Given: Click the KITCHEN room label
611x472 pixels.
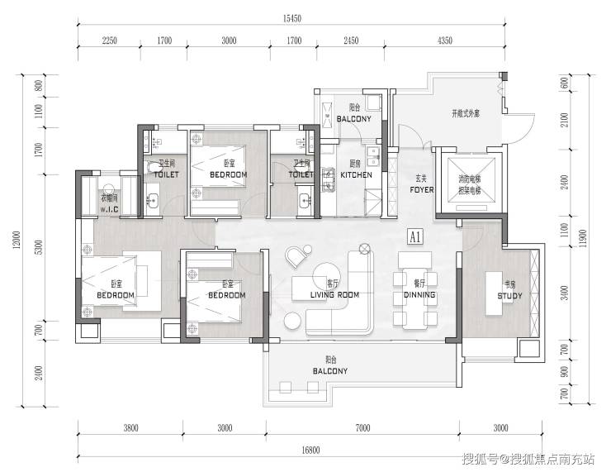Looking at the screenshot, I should pyautogui.click(x=357, y=175).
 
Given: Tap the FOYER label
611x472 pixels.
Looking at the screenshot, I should pyautogui.click(x=421, y=189).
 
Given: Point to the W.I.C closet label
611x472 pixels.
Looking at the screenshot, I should pyautogui.click(x=110, y=210).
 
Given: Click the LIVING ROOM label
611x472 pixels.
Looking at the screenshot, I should pyautogui.click(x=334, y=295).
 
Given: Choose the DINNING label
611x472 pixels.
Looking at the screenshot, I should pyautogui.click(x=419, y=295).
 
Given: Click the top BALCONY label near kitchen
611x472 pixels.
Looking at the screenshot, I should pyautogui.click(x=353, y=119).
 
